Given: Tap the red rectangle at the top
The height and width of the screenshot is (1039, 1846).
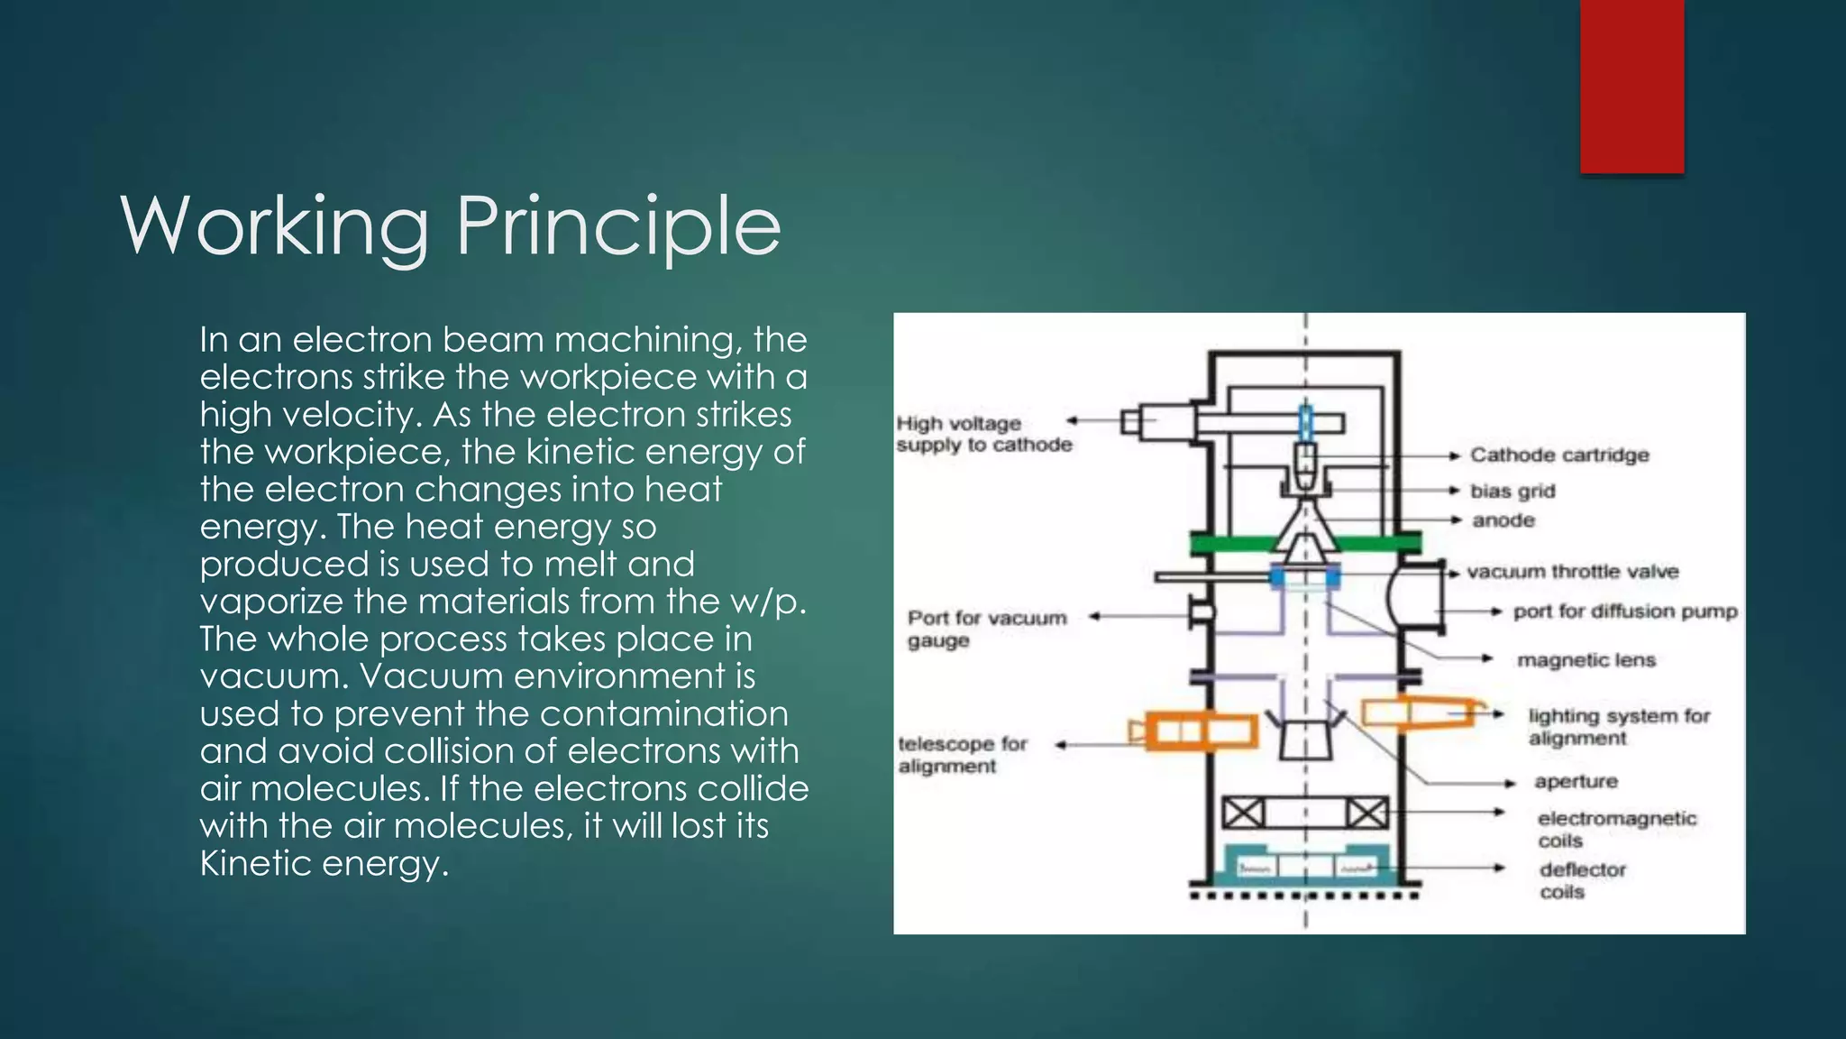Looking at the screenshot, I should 1631,86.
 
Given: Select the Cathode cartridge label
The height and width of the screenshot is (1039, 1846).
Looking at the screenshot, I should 1559,455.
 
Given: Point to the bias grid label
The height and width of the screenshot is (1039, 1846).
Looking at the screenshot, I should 1512,492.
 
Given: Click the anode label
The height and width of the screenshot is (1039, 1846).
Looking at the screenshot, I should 1503,520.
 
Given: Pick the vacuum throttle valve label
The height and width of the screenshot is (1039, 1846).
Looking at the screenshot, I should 1573,572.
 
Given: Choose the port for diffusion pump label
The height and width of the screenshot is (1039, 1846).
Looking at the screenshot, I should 1625,611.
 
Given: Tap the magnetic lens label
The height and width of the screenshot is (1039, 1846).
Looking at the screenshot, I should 1586,660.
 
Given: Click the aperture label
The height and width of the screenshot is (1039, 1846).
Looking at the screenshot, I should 1576,781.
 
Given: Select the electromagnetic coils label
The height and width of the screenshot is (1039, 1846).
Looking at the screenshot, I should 1616,829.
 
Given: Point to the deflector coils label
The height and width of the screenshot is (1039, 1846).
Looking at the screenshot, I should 1582,880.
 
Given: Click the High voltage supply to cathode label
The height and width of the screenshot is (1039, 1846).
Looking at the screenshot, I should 983,434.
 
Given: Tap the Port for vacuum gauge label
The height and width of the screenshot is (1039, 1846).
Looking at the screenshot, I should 986,629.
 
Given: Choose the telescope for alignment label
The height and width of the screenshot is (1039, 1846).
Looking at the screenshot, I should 962,755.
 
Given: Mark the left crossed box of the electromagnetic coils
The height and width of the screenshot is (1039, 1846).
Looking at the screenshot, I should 1243,814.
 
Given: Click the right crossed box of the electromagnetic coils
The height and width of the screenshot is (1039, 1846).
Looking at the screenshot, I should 1367,814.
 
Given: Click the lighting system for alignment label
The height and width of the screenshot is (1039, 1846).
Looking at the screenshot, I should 1618,727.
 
